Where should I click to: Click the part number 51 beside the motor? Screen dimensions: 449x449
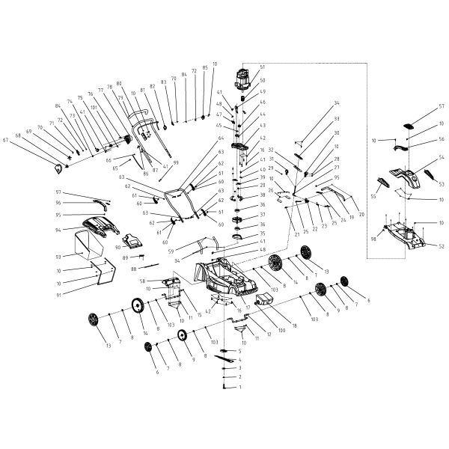262,67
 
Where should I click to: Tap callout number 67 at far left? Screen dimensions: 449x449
47,140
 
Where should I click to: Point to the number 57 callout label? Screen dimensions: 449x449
421,107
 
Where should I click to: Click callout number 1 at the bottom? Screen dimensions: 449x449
240,388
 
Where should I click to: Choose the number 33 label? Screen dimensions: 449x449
337,119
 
